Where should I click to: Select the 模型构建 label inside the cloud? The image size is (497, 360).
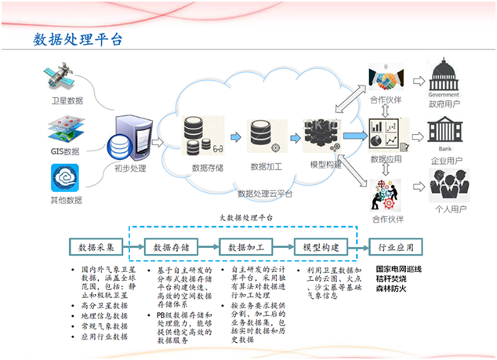coord(325,165)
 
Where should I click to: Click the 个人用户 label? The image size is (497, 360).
coord(444,209)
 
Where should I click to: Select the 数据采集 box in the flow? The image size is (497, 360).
coord(97,248)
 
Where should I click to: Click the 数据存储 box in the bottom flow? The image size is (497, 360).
coord(172,248)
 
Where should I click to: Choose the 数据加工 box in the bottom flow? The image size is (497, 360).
coord(245,248)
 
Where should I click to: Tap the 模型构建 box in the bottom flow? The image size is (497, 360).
coord(319,248)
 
